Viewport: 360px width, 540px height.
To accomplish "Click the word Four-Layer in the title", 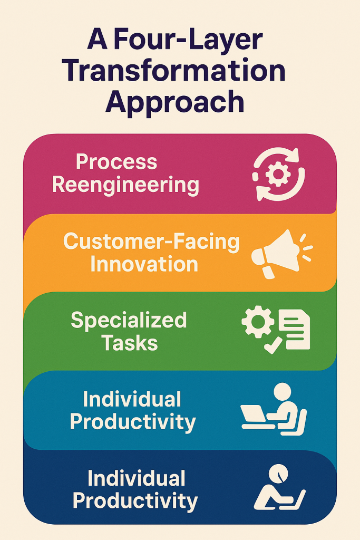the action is point(188,40).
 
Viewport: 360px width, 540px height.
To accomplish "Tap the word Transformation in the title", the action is point(176,71).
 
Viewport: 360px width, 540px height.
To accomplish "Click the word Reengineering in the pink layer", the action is point(125,186).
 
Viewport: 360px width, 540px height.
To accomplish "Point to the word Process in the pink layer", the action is point(116,162).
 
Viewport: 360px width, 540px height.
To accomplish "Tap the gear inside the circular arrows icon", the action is point(278,174).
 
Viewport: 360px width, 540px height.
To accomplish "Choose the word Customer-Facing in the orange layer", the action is point(151,242).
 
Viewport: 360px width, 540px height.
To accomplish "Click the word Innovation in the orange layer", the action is point(144,264).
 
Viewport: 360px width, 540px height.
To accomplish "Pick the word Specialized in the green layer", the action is point(129,321).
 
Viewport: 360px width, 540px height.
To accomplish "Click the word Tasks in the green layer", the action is point(130,343).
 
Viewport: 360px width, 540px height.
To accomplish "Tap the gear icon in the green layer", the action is point(258,322).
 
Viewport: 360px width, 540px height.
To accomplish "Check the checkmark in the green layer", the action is point(273,345).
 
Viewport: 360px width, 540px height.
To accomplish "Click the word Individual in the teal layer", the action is point(132,400).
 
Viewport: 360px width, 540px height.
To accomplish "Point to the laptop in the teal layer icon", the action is point(257,417).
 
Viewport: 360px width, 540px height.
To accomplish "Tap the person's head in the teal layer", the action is point(282,392).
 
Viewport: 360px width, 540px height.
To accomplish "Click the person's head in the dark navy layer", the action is point(278,474).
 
